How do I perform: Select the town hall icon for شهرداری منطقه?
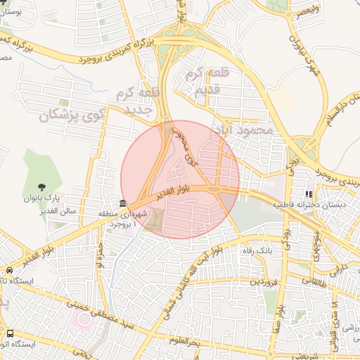point(123,202)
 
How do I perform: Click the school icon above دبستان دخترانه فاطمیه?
point(308,194)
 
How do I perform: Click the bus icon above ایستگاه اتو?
point(10,333)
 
